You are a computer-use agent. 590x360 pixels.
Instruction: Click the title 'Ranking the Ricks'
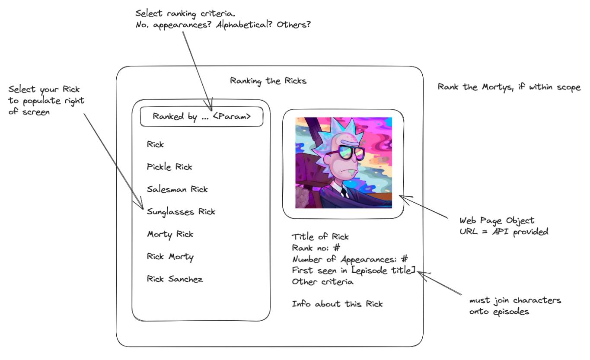(x=268, y=81)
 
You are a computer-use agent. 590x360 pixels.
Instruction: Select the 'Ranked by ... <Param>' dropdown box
(x=201, y=117)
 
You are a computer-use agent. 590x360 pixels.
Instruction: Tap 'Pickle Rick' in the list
(x=169, y=167)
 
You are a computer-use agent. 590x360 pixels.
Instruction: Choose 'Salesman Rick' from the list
(x=177, y=189)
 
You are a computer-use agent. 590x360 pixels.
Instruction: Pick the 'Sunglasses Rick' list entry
(x=181, y=212)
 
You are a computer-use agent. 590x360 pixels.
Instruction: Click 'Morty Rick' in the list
(x=170, y=234)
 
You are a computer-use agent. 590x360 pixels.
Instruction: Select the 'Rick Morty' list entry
(x=170, y=257)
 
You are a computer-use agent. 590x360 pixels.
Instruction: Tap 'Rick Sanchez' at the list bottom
(x=175, y=279)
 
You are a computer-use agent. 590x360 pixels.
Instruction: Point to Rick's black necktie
(x=344, y=192)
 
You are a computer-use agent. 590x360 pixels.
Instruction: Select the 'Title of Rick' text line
(x=320, y=237)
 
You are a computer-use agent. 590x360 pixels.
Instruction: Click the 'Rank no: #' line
(x=316, y=248)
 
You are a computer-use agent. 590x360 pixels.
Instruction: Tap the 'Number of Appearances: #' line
(x=350, y=259)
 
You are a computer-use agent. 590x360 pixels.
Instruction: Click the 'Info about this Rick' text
(x=337, y=304)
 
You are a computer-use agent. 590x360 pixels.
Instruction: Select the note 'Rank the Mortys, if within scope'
(x=509, y=87)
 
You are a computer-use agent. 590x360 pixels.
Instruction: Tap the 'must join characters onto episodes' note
(x=515, y=306)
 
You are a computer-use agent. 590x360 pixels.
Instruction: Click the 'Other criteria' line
(x=322, y=282)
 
